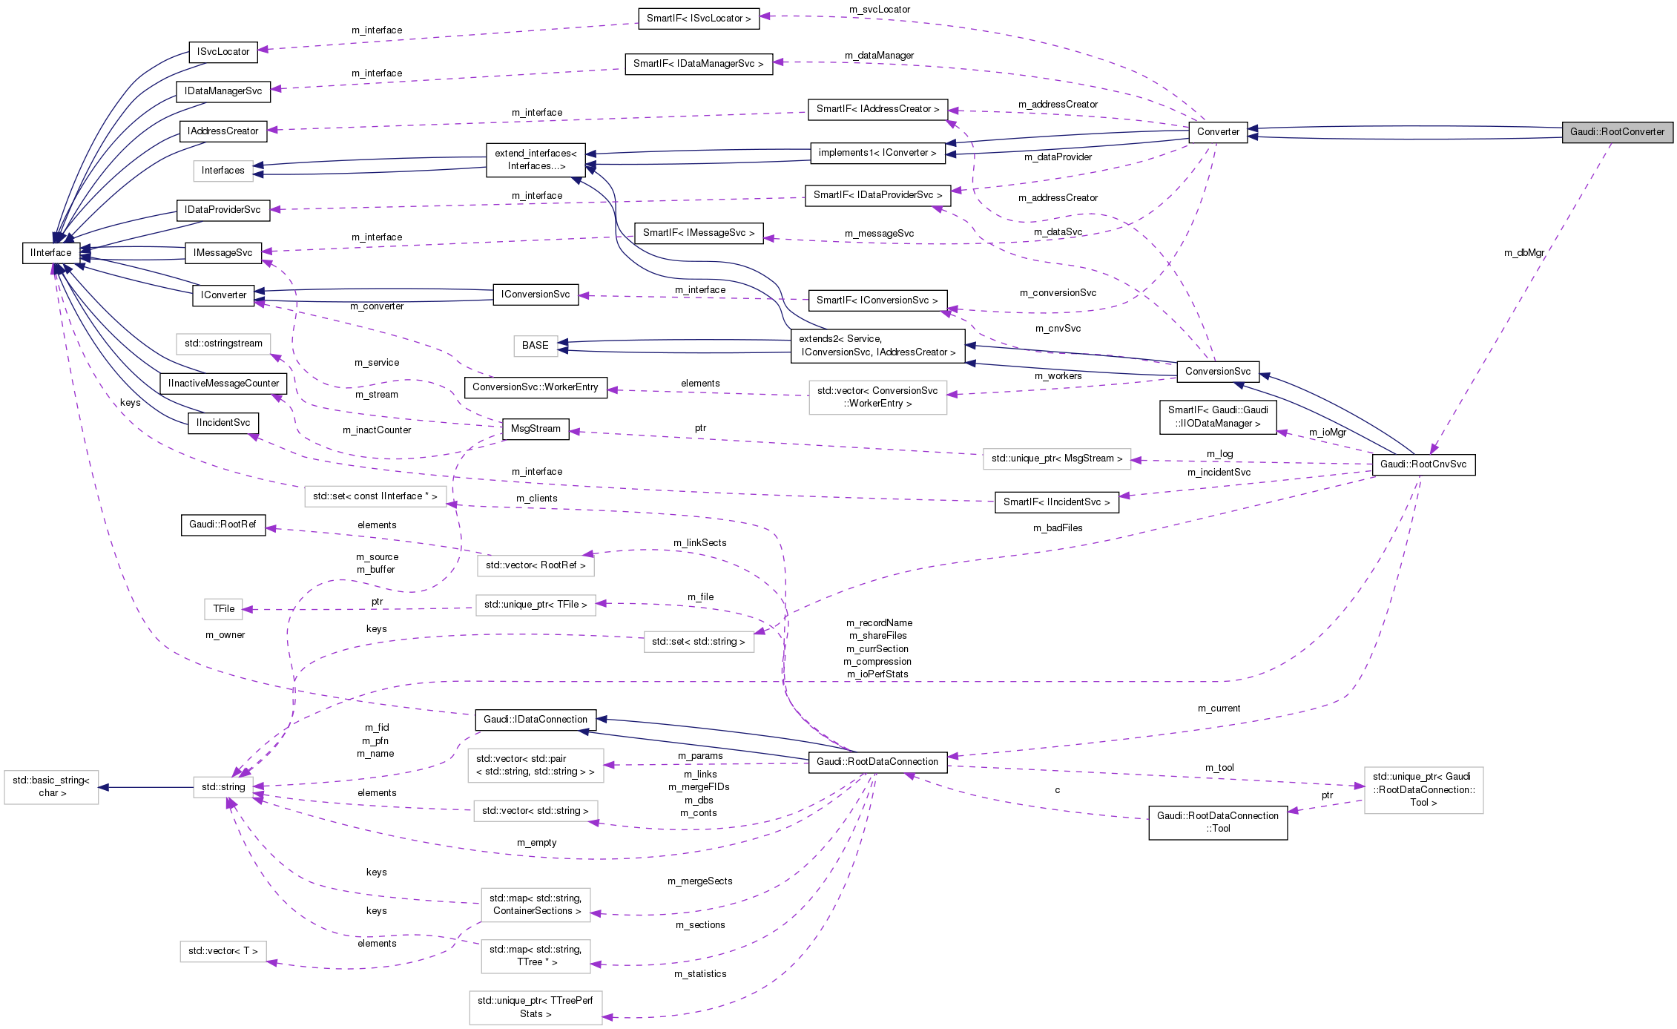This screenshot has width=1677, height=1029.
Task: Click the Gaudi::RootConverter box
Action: [1617, 132]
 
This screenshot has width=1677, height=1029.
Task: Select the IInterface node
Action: [51, 253]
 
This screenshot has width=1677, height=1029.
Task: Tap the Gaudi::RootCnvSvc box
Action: [1423, 464]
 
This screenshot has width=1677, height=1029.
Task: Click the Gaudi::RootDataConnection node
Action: [877, 762]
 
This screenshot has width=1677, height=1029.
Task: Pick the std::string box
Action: [223, 787]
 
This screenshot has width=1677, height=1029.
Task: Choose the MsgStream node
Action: [536, 429]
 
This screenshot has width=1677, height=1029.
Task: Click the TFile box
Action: [223, 609]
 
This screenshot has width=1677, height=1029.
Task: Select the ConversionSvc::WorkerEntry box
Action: [535, 387]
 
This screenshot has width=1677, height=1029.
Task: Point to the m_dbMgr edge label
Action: [1523, 253]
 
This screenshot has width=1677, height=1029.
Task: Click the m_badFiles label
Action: [1057, 528]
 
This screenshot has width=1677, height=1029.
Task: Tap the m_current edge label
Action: [1219, 709]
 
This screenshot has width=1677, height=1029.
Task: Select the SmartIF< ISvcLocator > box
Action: [698, 19]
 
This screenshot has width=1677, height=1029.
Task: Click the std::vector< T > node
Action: [223, 951]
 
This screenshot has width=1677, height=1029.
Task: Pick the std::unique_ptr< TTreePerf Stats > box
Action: [535, 1007]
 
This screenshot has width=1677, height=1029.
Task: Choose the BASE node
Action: [535, 346]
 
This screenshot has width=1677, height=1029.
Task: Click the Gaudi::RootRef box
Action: [223, 525]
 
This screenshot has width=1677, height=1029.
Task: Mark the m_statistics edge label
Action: [699, 974]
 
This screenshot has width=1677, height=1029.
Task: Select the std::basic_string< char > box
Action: [52, 787]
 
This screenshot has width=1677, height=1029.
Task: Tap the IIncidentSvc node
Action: [223, 423]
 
